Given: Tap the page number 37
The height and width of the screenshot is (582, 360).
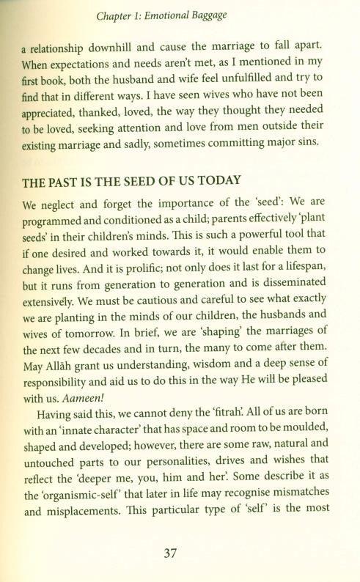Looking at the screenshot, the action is click(x=179, y=554).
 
